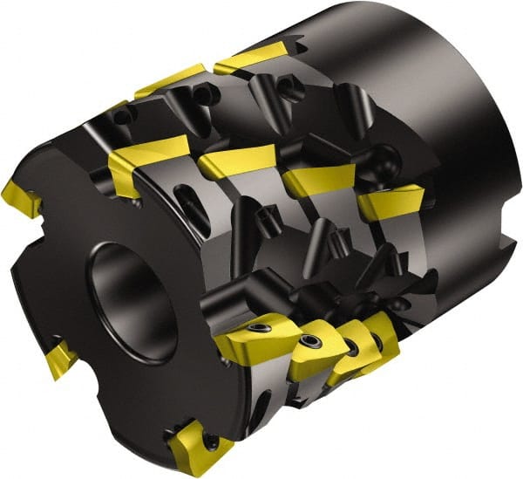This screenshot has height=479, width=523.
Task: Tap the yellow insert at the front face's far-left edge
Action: point(21,200)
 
